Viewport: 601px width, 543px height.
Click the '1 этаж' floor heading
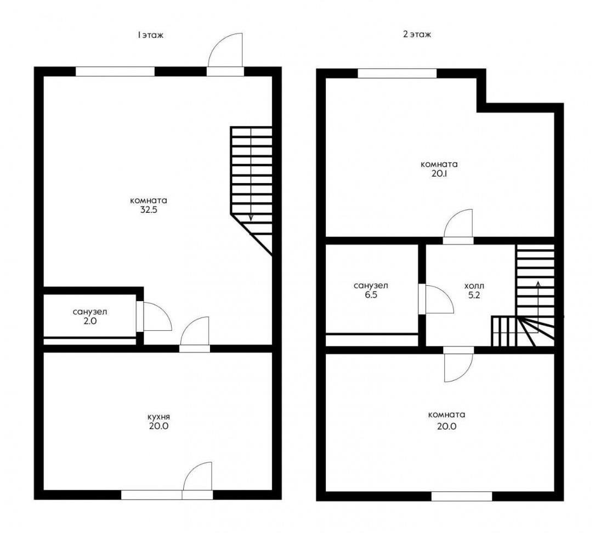[x=151, y=35]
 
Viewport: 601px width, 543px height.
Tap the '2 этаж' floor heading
[x=417, y=34]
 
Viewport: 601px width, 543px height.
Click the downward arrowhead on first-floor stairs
[x=251, y=217]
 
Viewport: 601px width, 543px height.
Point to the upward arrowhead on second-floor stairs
[x=538, y=284]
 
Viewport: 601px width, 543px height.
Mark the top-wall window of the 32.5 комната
[x=115, y=72]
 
